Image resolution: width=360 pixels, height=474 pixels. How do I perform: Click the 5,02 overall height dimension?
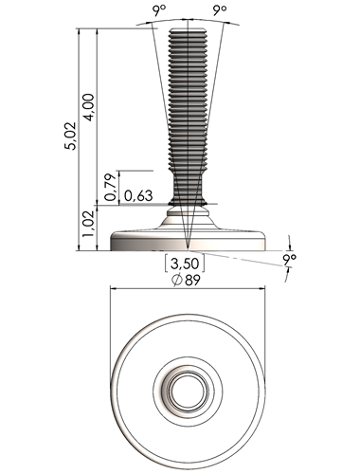[x=70, y=136]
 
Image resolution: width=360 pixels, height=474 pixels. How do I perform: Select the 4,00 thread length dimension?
[x=88, y=107]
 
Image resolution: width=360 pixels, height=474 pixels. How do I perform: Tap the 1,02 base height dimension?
[x=88, y=224]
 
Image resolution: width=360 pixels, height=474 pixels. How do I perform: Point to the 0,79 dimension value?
[x=111, y=187]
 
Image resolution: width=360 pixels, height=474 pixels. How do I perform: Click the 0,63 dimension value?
[x=138, y=196]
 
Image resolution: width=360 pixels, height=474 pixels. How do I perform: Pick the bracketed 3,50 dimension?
[x=185, y=264]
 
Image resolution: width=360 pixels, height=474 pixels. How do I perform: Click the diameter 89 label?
[x=186, y=280]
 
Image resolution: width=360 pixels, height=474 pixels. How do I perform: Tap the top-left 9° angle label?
[x=159, y=11]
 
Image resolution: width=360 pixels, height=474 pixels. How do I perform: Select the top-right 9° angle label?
[x=220, y=11]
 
